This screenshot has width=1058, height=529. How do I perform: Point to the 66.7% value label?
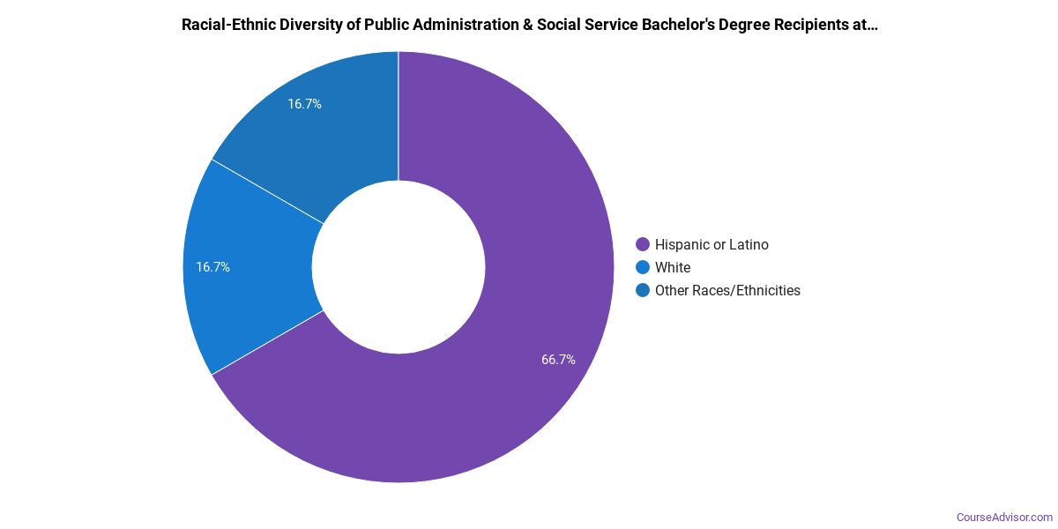558,360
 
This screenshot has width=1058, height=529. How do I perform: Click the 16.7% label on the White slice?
212,267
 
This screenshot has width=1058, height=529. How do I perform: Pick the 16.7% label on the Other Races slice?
304,104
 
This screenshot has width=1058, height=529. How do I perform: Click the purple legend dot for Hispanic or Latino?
643,244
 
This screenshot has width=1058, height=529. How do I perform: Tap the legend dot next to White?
643,267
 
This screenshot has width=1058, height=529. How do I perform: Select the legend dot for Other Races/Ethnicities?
643,290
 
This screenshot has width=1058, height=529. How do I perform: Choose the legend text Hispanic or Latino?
712,244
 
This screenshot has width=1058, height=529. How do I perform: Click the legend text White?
673,267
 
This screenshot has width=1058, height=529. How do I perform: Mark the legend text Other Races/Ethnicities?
727,290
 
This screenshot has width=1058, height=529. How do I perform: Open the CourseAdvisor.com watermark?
1005,517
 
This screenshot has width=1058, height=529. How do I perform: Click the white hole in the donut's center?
399,267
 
